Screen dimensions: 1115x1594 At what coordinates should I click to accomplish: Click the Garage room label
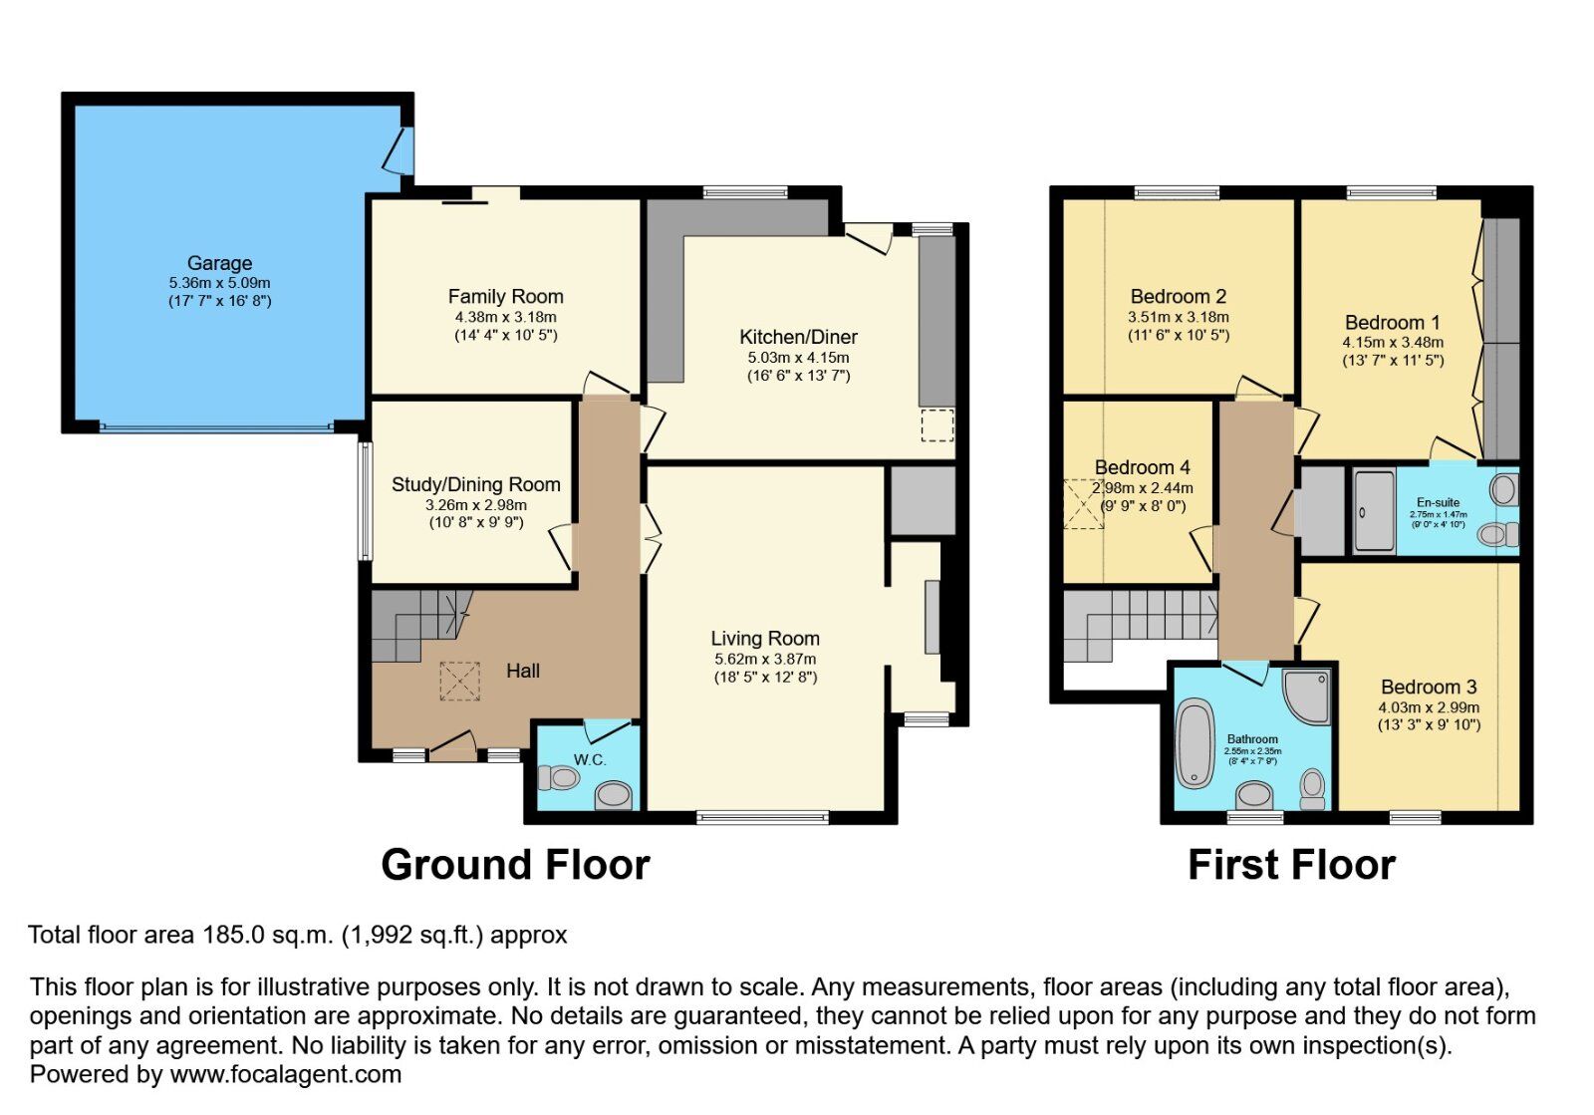[x=219, y=263]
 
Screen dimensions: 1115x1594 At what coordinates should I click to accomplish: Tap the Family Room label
[x=505, y=296]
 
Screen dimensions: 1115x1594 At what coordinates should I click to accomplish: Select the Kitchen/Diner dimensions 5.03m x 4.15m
[x=798, y=357]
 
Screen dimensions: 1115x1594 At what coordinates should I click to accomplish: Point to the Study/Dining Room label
[x=475, y=484]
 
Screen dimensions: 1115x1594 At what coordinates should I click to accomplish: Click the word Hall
[x=522, y=671]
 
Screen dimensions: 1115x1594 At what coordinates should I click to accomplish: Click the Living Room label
[x=764, y=638]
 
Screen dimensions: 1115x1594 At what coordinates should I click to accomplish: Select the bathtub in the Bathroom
[x=1194, y=743]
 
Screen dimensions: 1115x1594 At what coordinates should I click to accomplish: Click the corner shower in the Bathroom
[x=1306, y=695]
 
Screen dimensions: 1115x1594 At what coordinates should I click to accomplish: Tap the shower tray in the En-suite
[x=1374, y=510]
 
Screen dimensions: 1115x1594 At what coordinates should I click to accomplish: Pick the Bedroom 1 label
[x=1392, y=322]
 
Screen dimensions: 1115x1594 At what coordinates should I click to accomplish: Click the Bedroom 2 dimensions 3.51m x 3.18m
[x=1178, y=317]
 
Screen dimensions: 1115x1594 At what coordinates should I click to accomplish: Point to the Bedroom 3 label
[x=1428, y=687]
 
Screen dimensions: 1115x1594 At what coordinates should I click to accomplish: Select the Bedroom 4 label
[x=1142, y=467]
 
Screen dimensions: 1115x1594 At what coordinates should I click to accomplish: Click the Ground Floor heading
[x=515, y=864]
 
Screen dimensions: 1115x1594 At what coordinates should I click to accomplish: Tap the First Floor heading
[x=1291, y=864]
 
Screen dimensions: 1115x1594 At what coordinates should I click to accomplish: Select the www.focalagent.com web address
[x=286, y=1074]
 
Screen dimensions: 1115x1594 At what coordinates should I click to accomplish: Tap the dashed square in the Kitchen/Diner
[x=936, y=425]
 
